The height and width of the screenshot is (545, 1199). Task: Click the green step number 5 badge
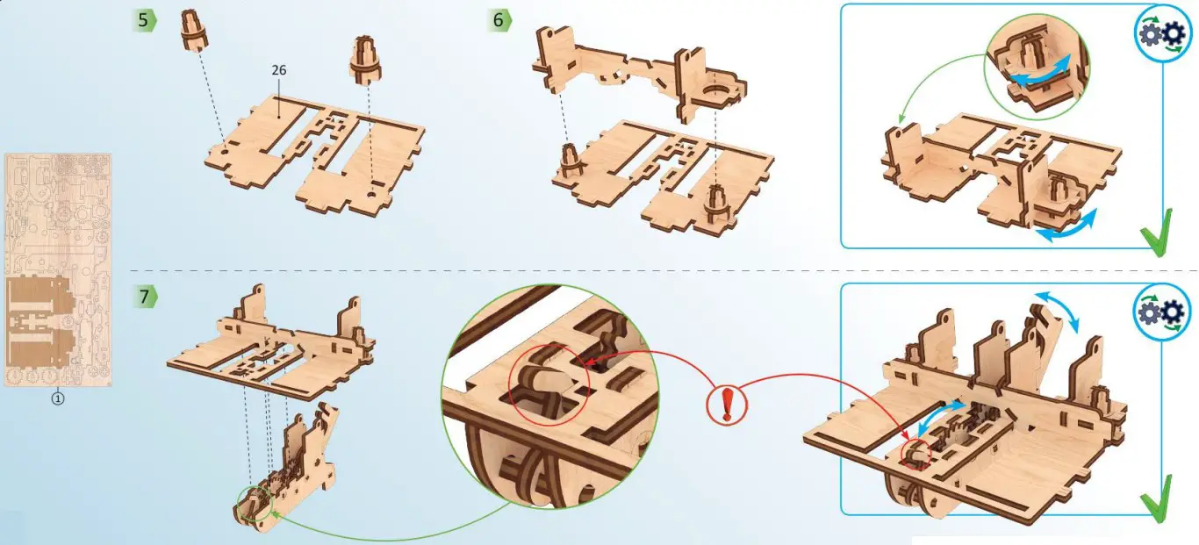145,20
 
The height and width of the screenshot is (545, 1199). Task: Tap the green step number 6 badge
499,20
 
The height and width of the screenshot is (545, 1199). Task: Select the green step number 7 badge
145,297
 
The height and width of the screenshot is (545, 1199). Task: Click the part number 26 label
279,70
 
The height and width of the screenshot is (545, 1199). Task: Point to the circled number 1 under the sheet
58,398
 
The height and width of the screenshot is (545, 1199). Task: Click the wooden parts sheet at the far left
58,270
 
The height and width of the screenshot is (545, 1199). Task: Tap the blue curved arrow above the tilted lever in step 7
1059,312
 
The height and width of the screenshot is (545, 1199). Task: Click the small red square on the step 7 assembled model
913,451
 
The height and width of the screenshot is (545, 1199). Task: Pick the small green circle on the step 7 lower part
254,505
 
